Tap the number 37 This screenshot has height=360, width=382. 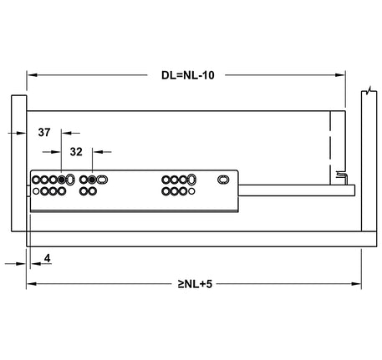(44, 132)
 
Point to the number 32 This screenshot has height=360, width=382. (75, 152)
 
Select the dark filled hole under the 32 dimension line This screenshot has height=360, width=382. (92, 180)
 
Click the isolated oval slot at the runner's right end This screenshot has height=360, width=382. (223, 180)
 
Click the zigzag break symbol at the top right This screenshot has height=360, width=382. (369, 90)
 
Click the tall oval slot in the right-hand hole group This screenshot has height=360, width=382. (194, 180)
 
